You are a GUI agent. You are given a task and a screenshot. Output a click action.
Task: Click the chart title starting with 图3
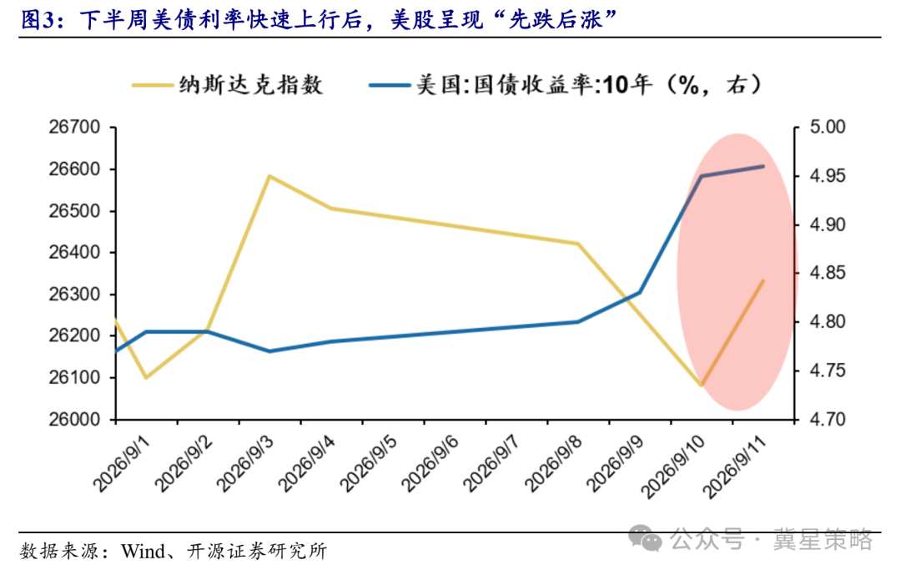tap(320, 19)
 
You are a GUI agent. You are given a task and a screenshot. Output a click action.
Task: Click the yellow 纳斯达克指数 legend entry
tap(228, 85)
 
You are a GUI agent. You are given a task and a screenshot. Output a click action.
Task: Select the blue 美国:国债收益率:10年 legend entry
tap(566, 85)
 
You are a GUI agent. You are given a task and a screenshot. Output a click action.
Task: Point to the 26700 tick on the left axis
tap(75, 127)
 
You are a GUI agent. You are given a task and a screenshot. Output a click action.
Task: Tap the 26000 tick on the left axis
tap(75, 419)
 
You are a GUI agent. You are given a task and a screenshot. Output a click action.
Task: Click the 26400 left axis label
tap(75, 252)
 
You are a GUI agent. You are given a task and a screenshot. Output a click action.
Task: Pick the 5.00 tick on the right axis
tap(828, 127)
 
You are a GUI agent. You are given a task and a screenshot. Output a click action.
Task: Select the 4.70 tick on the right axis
tap(828, 419)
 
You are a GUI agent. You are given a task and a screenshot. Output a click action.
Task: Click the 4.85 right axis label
tap(828, 273)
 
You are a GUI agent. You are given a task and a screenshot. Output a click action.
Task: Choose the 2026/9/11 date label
tap(736, 467)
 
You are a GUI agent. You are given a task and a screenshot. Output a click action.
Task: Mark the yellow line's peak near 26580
tap(269, 176)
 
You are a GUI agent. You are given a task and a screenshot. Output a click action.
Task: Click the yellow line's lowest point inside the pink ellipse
tap(702, 386)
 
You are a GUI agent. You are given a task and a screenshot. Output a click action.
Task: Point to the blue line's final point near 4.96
tap(763, 166)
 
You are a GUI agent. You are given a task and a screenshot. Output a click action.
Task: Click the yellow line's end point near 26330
tap(763, 281)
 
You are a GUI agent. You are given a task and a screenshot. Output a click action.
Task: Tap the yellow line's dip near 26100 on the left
tap(146, 378)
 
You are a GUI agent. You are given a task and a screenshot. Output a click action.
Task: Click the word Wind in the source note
tap(143, 552)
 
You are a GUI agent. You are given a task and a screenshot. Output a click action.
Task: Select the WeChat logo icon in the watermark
tap(645, 538)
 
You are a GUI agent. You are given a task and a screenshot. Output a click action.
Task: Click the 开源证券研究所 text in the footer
tap(257, 552)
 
